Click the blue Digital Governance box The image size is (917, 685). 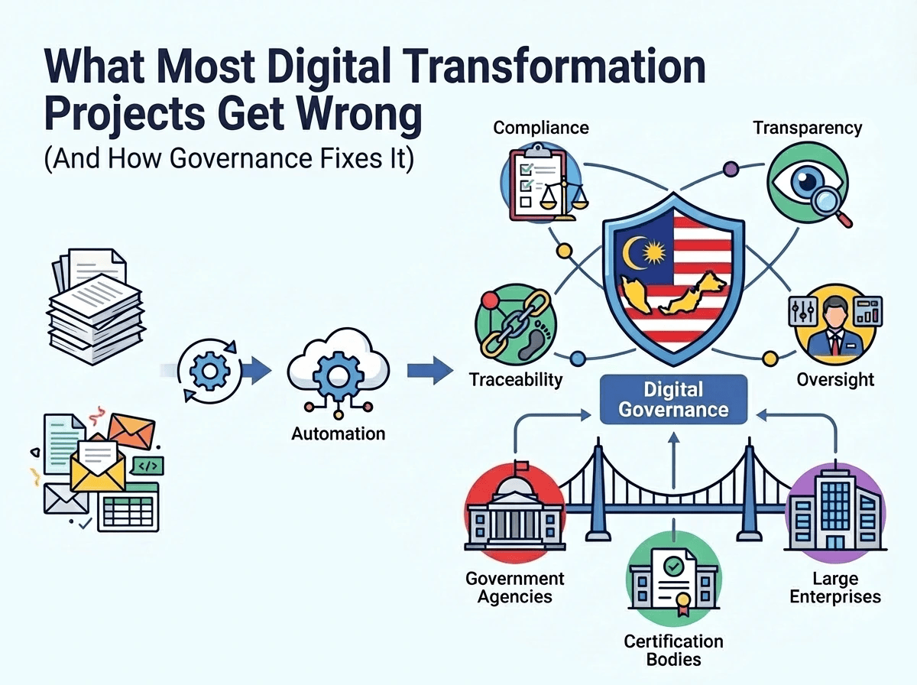(x=672, y=400)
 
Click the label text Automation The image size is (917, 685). (x=338, y=434)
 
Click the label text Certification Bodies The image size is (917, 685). (x=672, y=650)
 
